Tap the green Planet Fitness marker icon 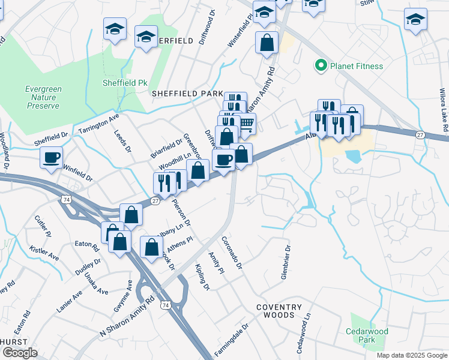(x=322, y=65)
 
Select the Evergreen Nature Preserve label (x=43, y=97)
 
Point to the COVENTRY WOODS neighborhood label (x=276, y=311)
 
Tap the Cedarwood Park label (x=367, y=335)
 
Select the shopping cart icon (x=246, y=124)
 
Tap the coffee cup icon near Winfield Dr (x=51, y=157)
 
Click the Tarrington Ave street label (x=98, y=123)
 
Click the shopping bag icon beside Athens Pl (x=152, y=245)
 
